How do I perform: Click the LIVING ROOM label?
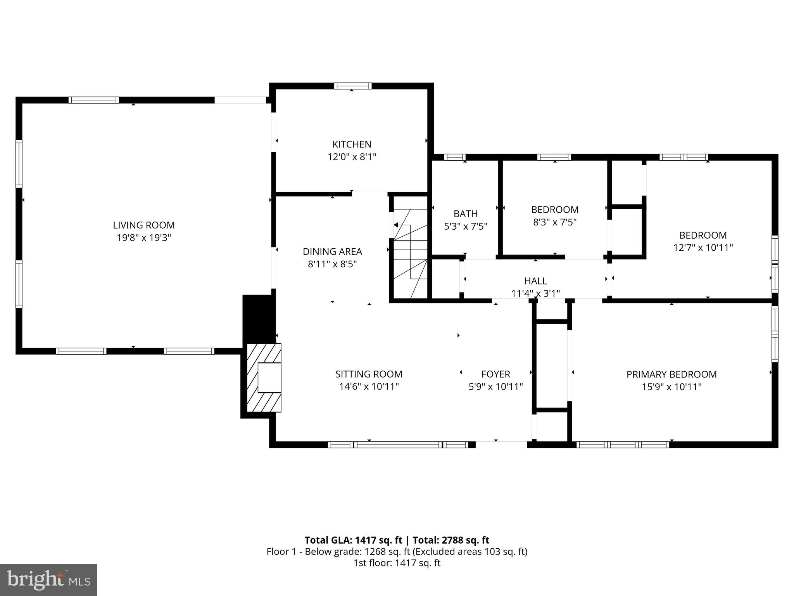(x=144, y=225)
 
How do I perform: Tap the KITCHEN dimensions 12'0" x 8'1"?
(x=352, y=157)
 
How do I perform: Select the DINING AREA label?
(x=332, y=251)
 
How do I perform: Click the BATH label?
(x=465, y=214)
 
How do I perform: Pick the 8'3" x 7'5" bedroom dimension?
(x=555, y=222)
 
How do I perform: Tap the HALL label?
(x=535, y=281)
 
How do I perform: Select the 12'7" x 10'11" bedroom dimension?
(x=703, y=248)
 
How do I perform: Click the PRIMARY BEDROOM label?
(x=671, y=374)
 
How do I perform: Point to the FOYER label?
(x=495, y=374)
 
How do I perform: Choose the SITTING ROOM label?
(x=369, y=374)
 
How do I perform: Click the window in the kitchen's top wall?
(x=353, y=86)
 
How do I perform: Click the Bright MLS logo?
(x=48, y=580)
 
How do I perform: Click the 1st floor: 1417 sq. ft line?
(x=397, y=563)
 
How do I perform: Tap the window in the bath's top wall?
(x=454, y=157)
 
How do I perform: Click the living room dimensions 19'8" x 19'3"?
(x=144, y=238)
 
